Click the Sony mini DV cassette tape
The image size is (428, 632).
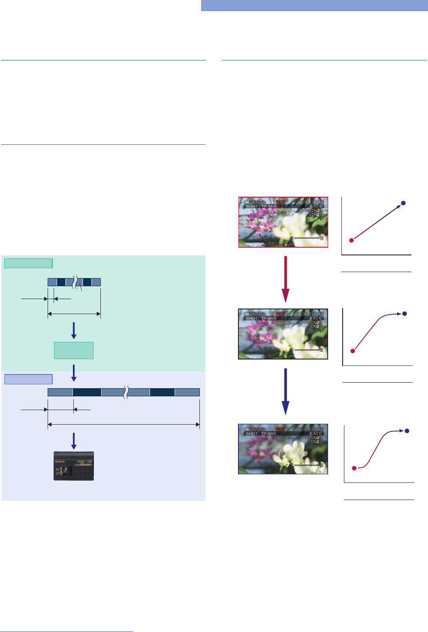click(73, 466)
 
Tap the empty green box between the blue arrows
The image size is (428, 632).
click(74, 350)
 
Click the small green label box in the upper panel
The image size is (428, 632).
click(28, 263)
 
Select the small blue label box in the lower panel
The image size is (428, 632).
click(28, 379)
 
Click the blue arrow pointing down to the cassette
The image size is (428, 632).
click(74, 441)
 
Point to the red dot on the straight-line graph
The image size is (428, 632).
click(351, 240)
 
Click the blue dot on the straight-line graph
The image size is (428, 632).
click(403, 203)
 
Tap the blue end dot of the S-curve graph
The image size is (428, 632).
click(407, 431)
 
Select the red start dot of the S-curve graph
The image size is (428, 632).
click(354, 468)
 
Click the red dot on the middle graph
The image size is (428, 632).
click(353, 351)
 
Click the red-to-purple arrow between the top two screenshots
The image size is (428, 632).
click(285, 279)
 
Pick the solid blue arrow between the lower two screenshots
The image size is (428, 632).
click(285, 391)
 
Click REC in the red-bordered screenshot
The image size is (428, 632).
click(280, 202)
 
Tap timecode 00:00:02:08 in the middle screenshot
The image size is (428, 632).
click(309, 314)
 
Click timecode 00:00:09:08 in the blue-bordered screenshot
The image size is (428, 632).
click(309, 429)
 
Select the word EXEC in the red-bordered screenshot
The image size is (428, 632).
click(316, 207)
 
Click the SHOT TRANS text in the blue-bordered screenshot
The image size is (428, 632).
click(261, 434)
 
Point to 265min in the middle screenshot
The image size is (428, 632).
click(255, 314)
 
